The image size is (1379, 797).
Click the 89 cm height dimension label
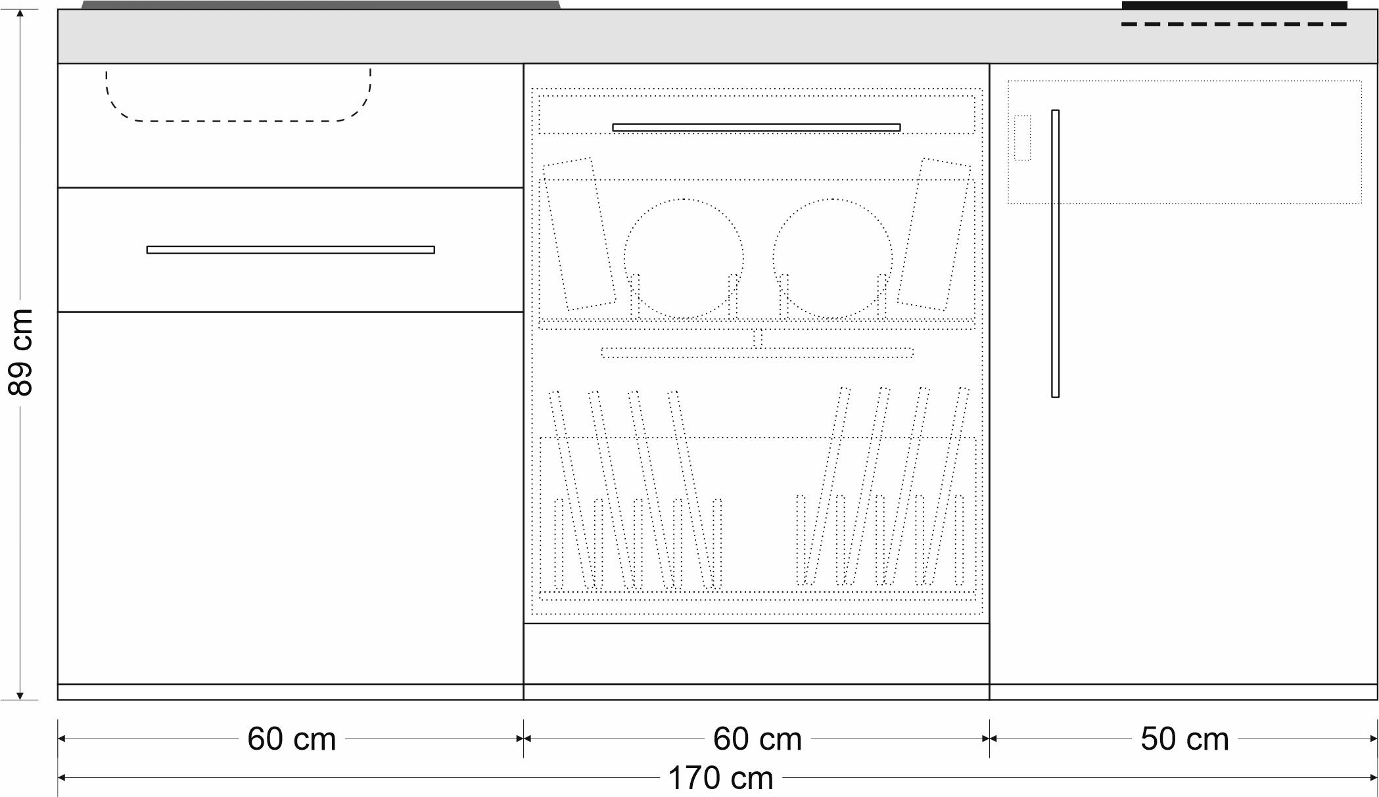(20, 352)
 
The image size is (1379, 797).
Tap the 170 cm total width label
(720, 779)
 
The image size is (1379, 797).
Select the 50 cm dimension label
(1184, 739)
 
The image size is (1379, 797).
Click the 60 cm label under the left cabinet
(291, 739)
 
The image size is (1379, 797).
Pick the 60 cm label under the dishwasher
(757, 739)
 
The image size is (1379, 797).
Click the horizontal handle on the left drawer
(291, 250)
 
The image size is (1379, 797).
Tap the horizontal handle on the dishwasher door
(757, 127)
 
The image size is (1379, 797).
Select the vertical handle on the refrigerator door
(1055, 254)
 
